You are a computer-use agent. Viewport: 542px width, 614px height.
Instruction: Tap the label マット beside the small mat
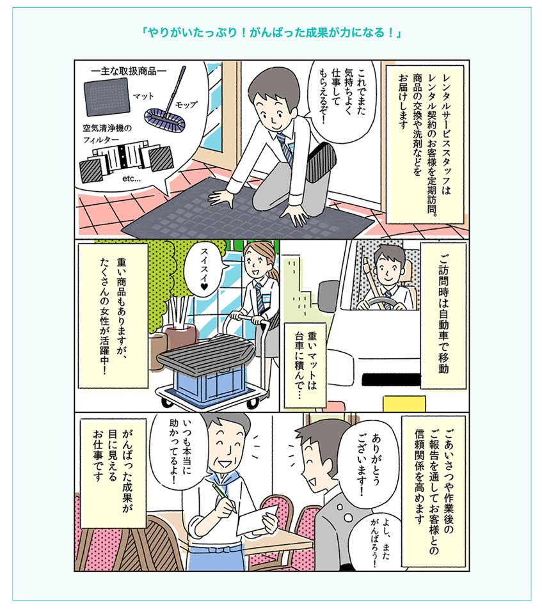point(143,97)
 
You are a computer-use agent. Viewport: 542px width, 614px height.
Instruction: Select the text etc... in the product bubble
point(131,178)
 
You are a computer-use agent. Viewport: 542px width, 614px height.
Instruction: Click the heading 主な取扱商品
point(129,71)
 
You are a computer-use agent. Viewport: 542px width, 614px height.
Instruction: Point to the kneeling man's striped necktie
point(285,149)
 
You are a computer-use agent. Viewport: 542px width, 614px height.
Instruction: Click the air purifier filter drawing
point(126,162)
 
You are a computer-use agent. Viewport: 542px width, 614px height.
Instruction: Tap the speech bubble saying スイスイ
point(204,269)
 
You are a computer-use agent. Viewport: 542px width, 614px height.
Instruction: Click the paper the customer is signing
point(257,517)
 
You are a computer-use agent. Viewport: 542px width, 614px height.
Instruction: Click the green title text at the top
point(271,33)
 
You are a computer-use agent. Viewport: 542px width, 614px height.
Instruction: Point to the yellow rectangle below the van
point(404,404)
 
